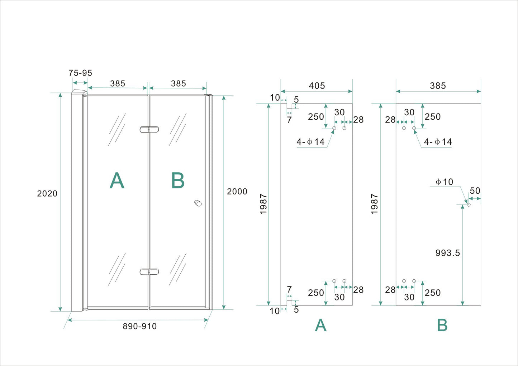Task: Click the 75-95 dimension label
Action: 80,73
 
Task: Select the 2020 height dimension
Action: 47,194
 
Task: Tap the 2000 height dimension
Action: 237,192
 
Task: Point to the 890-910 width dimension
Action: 139,326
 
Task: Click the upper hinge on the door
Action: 149,130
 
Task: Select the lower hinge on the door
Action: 149,272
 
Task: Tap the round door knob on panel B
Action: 198,203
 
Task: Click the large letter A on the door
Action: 117,180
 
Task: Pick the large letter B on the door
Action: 178,180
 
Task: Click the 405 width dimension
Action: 317,86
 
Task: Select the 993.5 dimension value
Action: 447,253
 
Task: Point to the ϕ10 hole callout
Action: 444,182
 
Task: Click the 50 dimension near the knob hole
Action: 475,191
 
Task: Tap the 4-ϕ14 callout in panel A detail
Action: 310,142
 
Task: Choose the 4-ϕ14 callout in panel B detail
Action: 438,142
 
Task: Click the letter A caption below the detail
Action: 320,326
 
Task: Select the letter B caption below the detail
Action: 442,326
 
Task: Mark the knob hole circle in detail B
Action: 468,204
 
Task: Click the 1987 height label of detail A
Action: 263,204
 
